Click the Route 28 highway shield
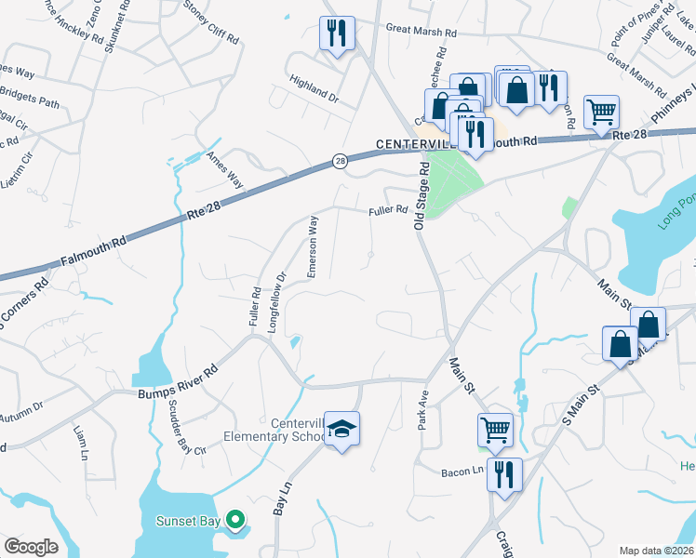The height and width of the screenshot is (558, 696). [x=341, y=162]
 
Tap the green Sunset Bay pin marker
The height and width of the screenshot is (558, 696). [x=236, y=520]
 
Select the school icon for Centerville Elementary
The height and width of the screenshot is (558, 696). [x=341, y=428]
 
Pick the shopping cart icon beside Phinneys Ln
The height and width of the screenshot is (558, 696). [x=601, y=112]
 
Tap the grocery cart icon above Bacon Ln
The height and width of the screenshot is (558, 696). [x=495, y=429]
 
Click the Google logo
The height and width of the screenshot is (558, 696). [x=31, y=547]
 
